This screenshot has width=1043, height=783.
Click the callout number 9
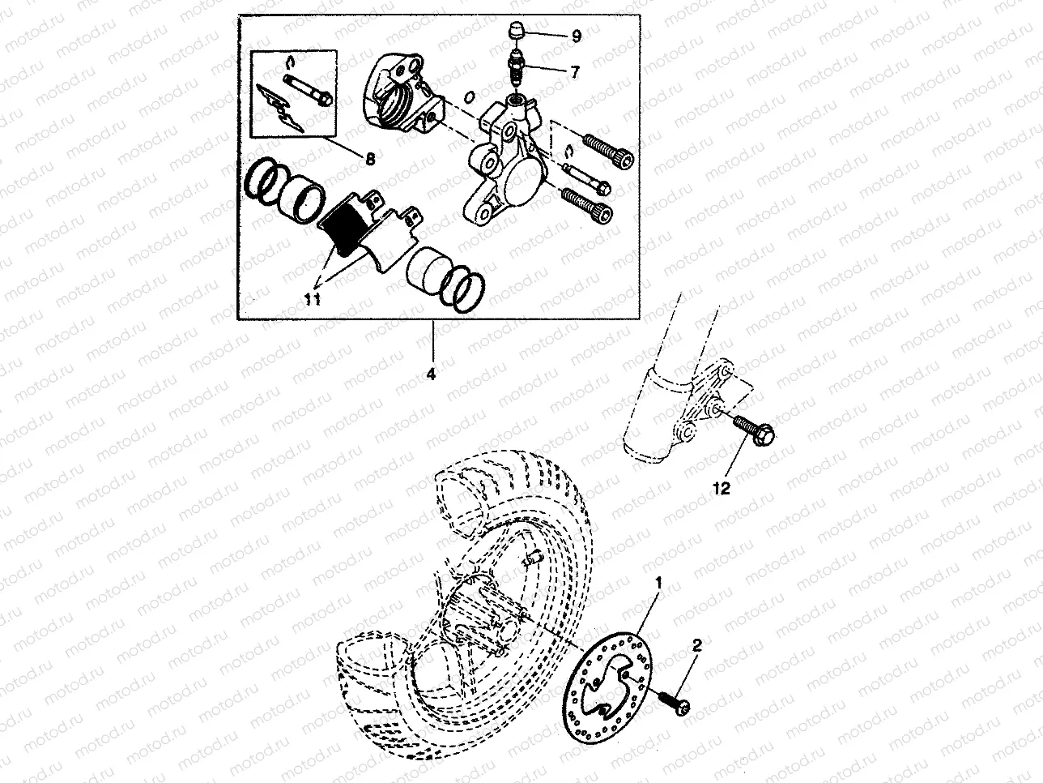(576, 36)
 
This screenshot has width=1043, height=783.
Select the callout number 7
(574, 72)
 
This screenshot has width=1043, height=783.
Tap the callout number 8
(369, 160)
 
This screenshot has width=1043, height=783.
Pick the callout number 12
(722, 488)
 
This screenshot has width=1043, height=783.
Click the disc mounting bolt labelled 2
(674, 703)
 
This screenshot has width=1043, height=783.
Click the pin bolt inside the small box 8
(308, 91)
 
